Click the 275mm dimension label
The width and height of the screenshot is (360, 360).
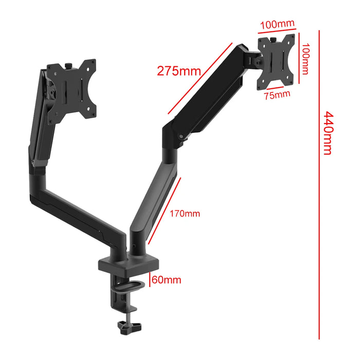(x=178, y=70)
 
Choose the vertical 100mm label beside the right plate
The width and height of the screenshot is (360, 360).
(x=305, y=58)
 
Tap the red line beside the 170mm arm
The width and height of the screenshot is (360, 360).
(x=165, y=210)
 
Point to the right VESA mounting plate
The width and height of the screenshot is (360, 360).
(x=277, y=59)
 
